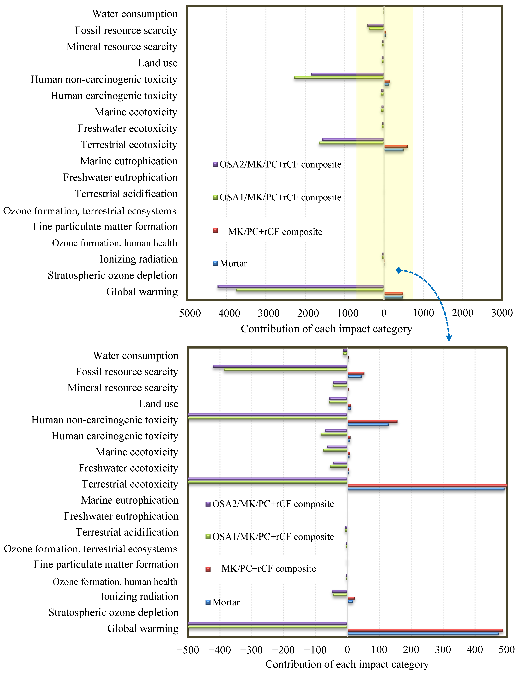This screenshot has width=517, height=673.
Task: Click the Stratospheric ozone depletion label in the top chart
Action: point(113,275)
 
